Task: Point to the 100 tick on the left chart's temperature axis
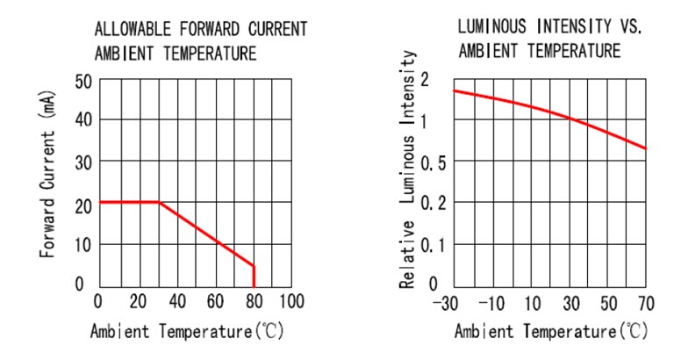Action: (x=291, y=302)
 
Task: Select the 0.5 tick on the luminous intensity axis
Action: (x=434, y=162)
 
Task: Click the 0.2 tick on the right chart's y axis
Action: (x=434, y=203)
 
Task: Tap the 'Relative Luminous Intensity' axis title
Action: (x=407, y=169)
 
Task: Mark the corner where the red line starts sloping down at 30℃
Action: (x=159, y=202)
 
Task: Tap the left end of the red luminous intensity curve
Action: (x=454, y=90)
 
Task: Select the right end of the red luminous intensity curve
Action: (x=646, y=148)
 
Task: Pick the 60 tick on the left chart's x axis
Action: (x=216, y=302)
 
